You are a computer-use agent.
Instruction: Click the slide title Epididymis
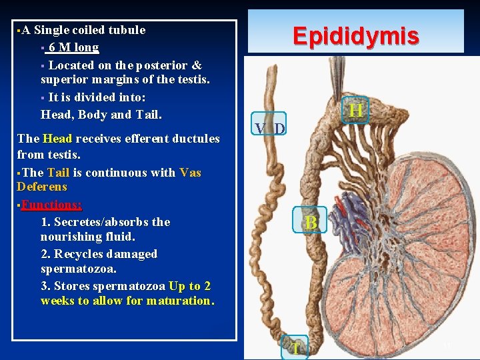[357, 35]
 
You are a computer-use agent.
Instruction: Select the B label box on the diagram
[310, 223]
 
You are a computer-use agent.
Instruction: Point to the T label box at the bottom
[294, 348]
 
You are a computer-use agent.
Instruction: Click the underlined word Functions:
[51, 205]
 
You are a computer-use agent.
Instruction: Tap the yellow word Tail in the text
[58, 173]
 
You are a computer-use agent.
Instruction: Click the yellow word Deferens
[42, 187]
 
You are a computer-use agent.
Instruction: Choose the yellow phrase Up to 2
[190, 286]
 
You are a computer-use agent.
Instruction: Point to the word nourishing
[74, 237]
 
